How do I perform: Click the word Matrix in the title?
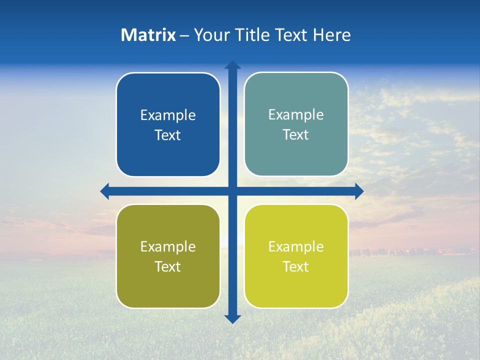pos(148,35)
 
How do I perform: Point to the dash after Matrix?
pos(184,36)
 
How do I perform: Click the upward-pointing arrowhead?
pos(232,65)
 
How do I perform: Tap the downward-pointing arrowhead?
pos(232,319)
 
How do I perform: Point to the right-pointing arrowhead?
pos(359,191)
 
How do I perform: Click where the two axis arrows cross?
pos(232,191)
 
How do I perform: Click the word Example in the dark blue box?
pos(168,115)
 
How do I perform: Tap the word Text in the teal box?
pos(296,135)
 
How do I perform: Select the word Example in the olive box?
pos(168,247)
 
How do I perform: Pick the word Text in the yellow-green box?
pos(296,267)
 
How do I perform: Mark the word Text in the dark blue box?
pos(168,135)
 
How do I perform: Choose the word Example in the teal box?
pos(296,115)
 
